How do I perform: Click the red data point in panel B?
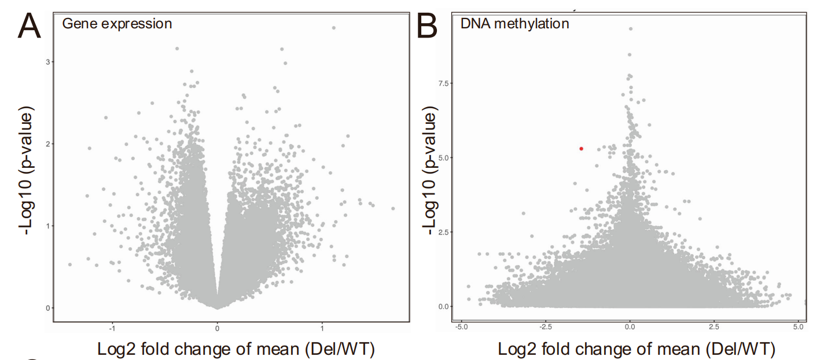(x=581, y=149)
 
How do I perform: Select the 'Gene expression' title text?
(x=117, y=24)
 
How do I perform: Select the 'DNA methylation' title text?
(x=514, y=24)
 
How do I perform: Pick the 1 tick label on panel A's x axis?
(x=322, y=326)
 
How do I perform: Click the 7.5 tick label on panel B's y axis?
(x=444, y=83)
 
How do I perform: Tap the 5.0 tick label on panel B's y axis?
(x=444, y=157)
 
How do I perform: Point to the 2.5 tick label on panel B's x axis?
(x=714, y=326)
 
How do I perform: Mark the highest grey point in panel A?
(x=333, y=28)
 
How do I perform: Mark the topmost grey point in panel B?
(x=631, y=28)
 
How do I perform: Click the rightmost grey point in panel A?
(x=393, y=208)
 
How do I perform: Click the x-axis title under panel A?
(x=236, y=349)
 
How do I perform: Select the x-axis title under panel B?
(x=637, y=349)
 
